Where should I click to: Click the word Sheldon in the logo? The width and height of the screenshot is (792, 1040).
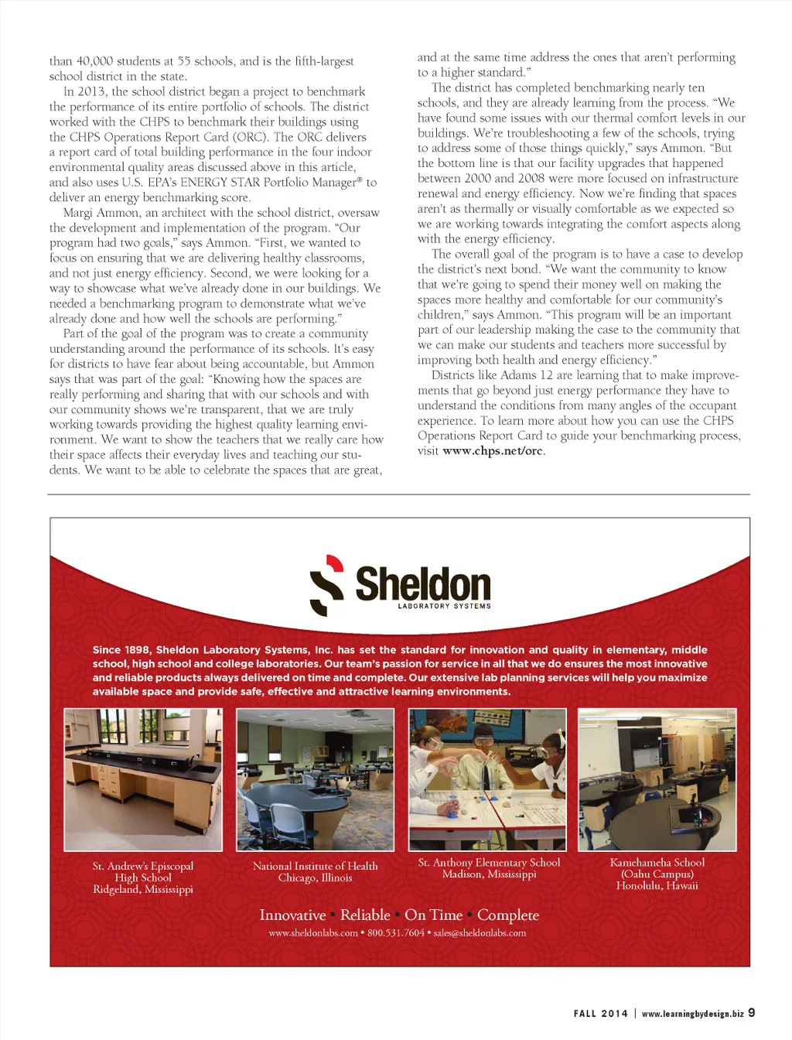[423, 584]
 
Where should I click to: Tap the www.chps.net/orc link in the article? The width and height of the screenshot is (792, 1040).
[493, 451]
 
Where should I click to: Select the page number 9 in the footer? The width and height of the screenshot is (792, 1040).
[751, 1012]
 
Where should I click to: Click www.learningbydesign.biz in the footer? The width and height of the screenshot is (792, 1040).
[692, 1014]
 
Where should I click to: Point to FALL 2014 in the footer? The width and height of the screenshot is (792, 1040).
[600, 1014]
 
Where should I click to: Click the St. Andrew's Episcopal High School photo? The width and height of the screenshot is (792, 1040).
[143, 779]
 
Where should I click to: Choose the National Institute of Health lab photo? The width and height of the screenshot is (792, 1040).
[315, 779]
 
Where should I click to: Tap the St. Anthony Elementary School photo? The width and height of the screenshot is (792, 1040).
[487, 779]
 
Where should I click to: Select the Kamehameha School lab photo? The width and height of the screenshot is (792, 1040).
[657, 779]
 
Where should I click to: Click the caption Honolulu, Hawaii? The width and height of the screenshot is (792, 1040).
[657, 886]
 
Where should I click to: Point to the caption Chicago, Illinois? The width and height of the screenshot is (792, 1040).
[315, 878]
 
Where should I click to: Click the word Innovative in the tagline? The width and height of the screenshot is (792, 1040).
[292, 915]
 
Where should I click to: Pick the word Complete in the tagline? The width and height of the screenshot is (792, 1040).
[507, 915]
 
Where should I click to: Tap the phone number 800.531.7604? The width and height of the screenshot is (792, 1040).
[395, 933]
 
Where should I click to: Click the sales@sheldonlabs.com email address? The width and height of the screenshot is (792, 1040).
[480, 933]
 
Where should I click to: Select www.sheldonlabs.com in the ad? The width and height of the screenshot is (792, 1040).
[312, 933]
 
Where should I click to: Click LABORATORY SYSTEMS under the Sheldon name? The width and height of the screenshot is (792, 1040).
[444, 607]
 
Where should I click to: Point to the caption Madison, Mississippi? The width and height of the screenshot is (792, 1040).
[489, 874]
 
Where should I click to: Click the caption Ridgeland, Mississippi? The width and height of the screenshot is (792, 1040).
[143, 890]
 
